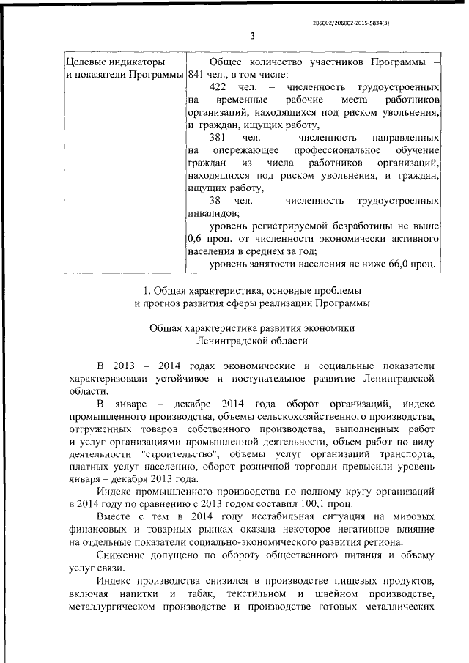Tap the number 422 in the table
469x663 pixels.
pyautogui.click(x=218, y=87)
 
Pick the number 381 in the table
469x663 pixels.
pyautogui.click(x=218, y=138)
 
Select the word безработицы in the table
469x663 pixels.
pyautogui.click(x=357, y=226)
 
